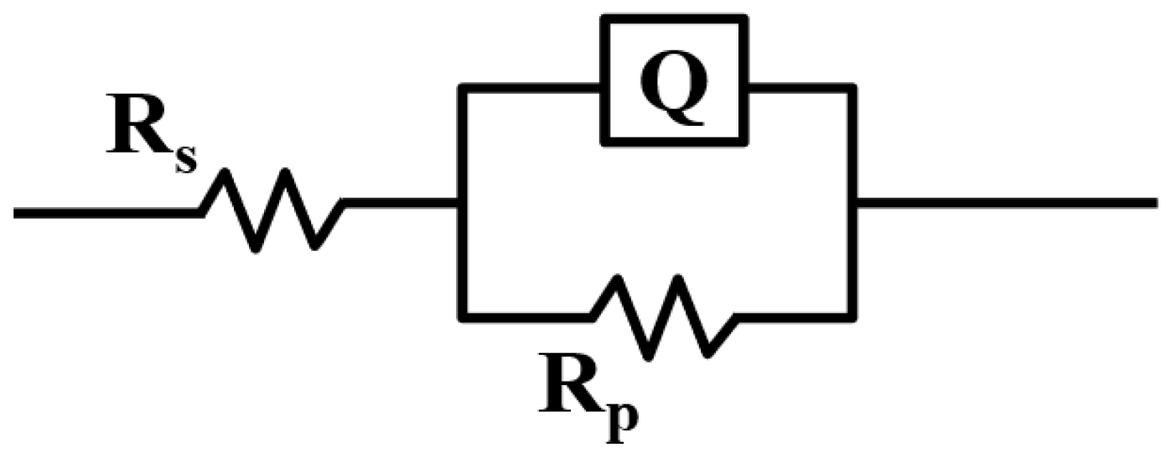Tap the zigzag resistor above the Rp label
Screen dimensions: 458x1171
(x=663, y=317)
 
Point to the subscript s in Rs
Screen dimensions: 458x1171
(x=185, y=159)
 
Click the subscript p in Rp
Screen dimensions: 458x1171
(x=619, y=419)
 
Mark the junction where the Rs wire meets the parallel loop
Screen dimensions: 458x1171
(x=461, y=203)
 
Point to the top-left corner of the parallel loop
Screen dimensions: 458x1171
(x=461, y=86)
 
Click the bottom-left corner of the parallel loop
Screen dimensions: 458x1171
(x=461, y=316)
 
